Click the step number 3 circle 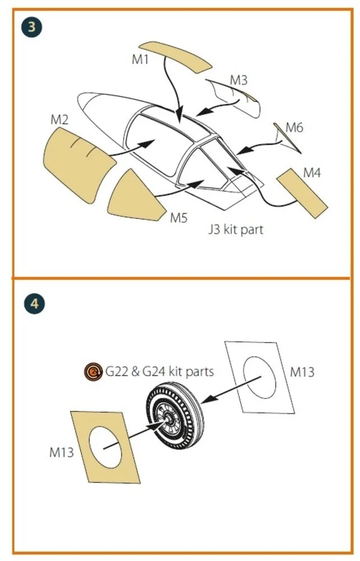(x=31, y=27)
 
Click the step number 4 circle (x=34, y=304)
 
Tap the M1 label (x=140, y=59)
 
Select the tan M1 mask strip (x=175, y=57)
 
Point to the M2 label (x=59, y=119)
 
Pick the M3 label (x=238, y=80)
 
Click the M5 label (x=178, y=217)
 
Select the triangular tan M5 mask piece (x=136, y=197)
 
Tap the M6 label (x=294, y=127)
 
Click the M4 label (x=312, y=173)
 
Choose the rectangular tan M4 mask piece (x=302, y=193)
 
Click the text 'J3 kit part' (x=236, y=229)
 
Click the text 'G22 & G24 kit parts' (x=159, y=371)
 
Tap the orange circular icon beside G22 (x=94, y=372)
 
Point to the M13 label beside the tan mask (x=62, y=452)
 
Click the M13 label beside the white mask (x=302, y=372)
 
